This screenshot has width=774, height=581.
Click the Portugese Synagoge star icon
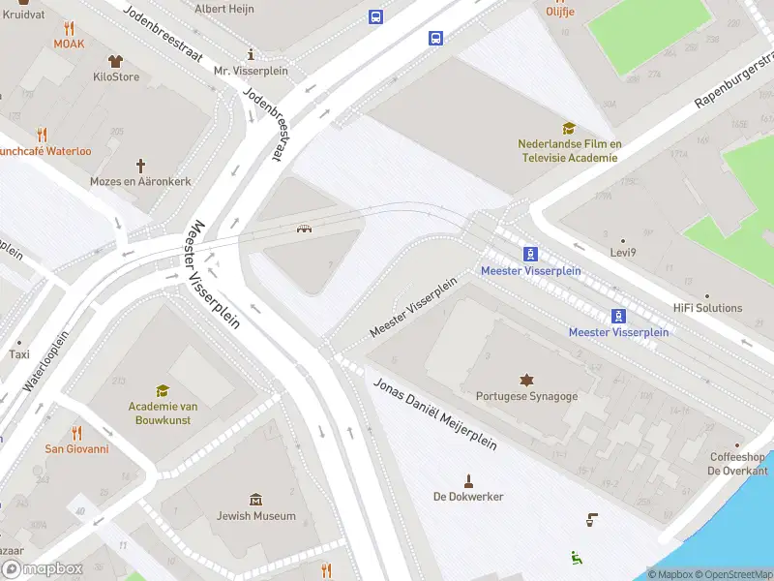[x=527, y=379]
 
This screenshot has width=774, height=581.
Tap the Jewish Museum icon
[x=255, y=499]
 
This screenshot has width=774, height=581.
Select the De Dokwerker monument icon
[x=469, y=480]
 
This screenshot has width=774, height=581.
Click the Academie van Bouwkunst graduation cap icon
[x=163, y=390]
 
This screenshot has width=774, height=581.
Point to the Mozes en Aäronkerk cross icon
[x=140, y=166]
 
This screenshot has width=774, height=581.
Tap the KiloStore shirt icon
[x=116, y=61]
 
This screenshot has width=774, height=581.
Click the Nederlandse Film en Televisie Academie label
[x=569, y=151]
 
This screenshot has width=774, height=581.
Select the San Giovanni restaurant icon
[x=77, y=432]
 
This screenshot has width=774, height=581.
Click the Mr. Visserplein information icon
[x=251, y=54]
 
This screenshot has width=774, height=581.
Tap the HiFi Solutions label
[x=708, y=308]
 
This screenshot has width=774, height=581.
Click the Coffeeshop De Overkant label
[x=738, y=464]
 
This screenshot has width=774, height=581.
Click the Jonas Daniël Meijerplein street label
[x=434, y=414]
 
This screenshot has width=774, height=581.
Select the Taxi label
[x=19, y=354]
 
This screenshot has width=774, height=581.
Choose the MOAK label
[x=69, y=44]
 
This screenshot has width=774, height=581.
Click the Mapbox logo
[x=42, y=569]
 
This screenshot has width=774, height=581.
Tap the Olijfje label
[x=561, y=12]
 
